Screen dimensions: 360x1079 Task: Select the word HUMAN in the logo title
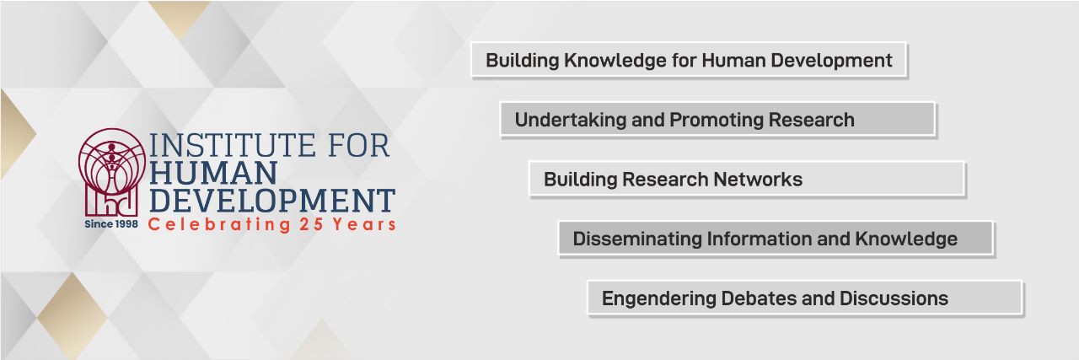(213, 173)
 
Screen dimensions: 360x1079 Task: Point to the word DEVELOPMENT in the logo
(271, 201)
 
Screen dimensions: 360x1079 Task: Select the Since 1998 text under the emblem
(111, 225)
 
